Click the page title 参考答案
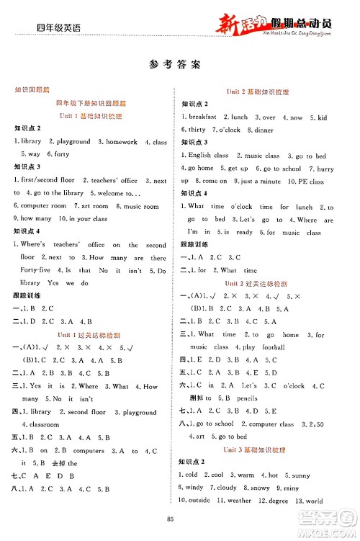coord(179,63)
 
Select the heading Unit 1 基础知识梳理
coord(90,116)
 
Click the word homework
coord(121,142)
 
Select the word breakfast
coord(202,117)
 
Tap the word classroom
coord(45,425)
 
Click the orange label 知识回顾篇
coord(32,90)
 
